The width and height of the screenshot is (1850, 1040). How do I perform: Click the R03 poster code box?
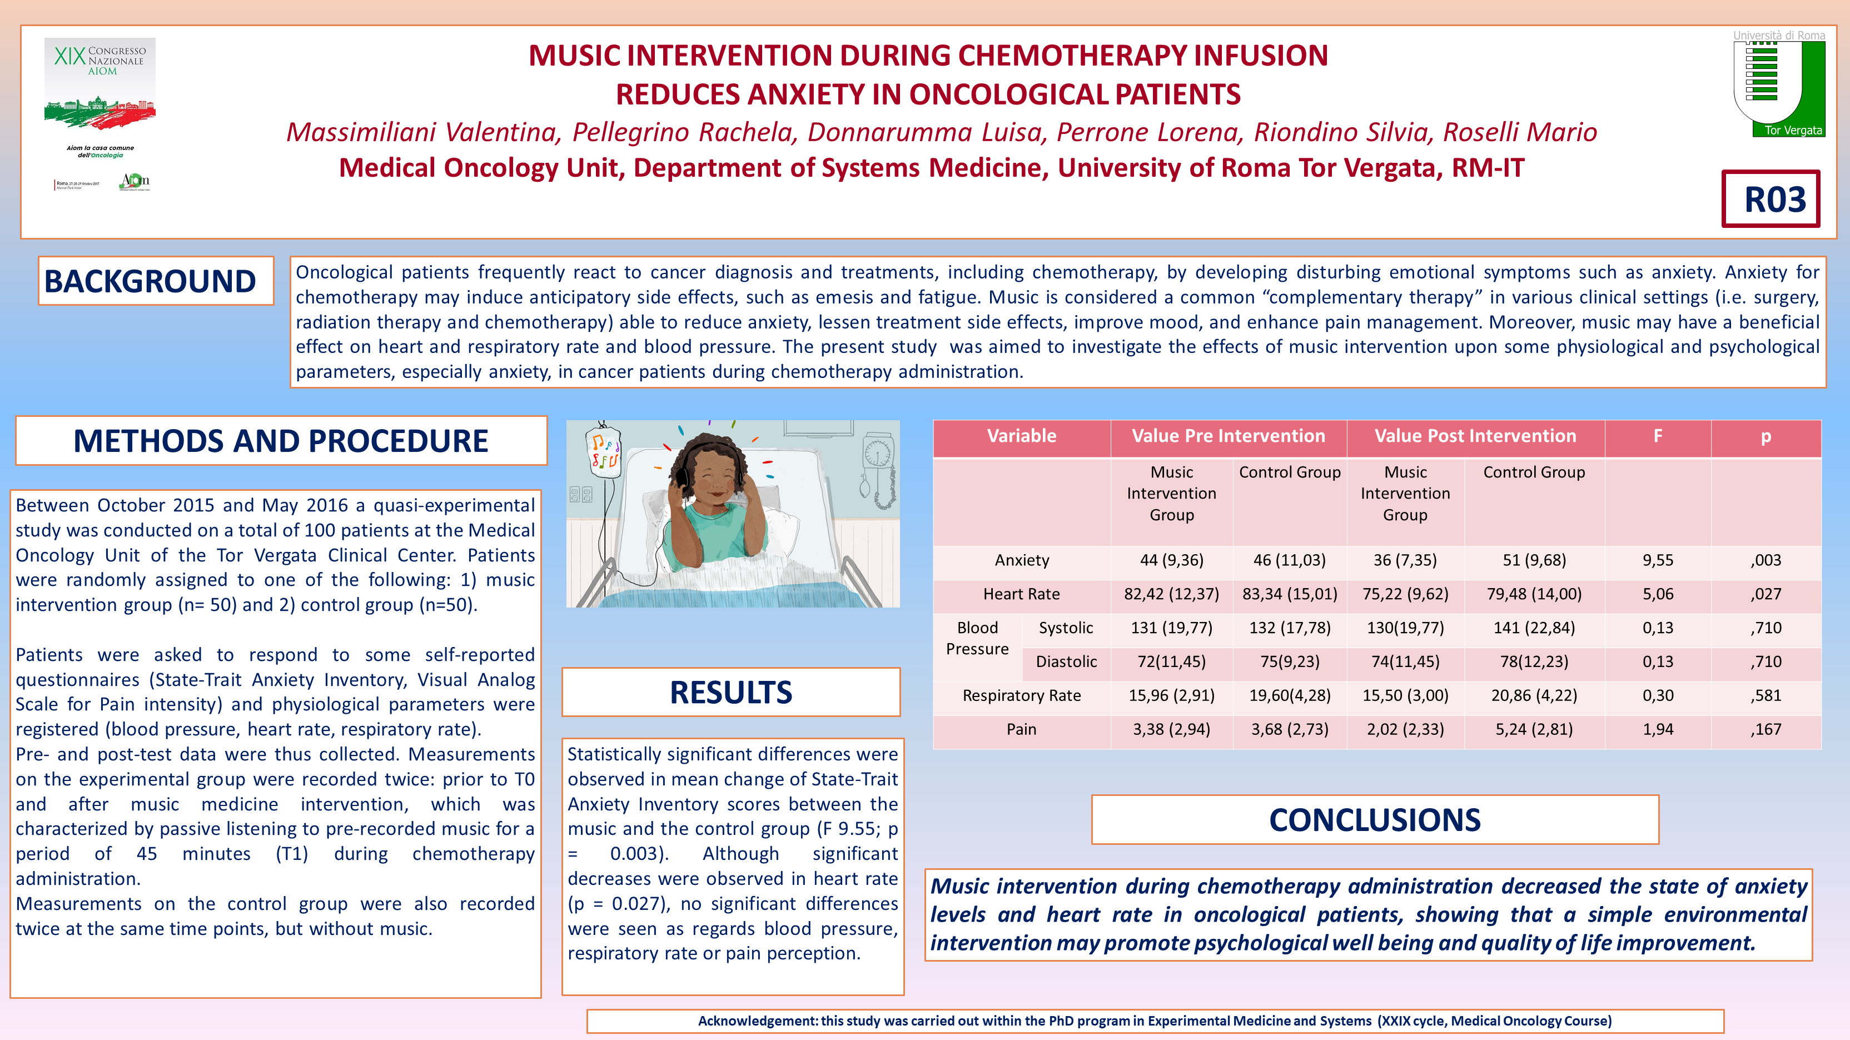[1771, 199]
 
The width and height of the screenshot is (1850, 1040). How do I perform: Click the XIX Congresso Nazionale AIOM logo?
[100, 113]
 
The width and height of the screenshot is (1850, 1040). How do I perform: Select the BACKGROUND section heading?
[150, 281]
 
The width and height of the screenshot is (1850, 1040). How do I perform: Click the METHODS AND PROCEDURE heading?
[281, 440]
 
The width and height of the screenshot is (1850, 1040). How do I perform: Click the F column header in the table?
[1658, 436]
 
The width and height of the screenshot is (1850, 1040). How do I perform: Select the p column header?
[1766, 436]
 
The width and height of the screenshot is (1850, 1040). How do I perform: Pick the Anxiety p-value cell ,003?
[1766, 560]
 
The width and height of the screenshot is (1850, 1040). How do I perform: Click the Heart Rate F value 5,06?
[1658, 594]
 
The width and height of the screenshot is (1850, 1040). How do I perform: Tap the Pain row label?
[1021, 730]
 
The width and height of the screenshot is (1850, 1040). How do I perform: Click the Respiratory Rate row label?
[1021, 695]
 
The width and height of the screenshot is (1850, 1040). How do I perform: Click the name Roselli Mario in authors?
[1520, 132]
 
